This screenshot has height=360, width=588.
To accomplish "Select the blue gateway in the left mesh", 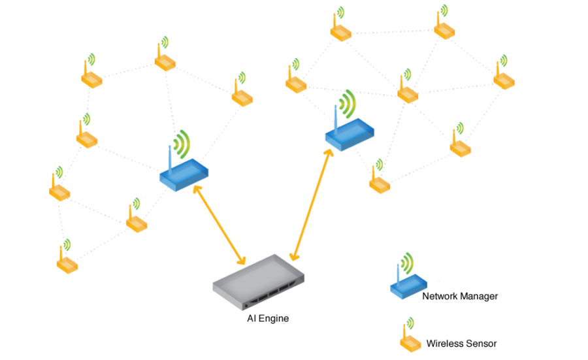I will tap(184, 175).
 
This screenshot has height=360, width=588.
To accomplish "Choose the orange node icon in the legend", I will tap(411, 341).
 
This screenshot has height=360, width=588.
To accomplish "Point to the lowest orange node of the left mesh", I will tap(67, 264).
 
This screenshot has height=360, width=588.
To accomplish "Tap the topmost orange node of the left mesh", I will tap(165, 61).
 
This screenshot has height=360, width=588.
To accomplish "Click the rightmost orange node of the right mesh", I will tap(504, 80).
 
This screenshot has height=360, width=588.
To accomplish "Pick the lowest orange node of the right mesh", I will tap(379, 182).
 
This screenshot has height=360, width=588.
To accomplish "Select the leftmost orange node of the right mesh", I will tap(296, 83).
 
